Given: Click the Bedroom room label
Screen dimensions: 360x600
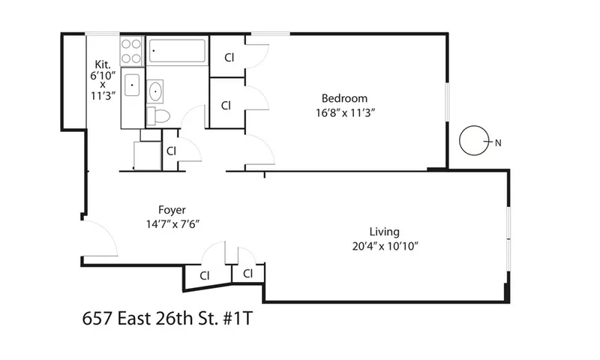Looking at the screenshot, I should pyautogui.click(x=344, y=98).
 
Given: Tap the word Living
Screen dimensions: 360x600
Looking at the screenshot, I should pyautogui.click(x=384, y=232).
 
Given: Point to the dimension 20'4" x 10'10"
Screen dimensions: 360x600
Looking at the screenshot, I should pyautogui.click(x=384, y=246).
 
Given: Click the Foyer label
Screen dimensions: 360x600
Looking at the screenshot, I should pyautogui.click(x=172, y=210).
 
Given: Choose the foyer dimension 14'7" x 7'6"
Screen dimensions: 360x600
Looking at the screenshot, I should pyautogui.click(x=172, y=223).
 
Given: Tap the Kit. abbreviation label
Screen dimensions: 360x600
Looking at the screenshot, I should pyautogui.click(x=103, y=64).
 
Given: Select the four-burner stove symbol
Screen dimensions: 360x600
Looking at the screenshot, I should pyautogui.click(x=132, y=50).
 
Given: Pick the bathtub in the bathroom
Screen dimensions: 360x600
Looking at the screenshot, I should pyautogui.click(x=177, y=51).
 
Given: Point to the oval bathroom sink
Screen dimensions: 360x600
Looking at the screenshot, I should pyautogui.click(x=157, y=91).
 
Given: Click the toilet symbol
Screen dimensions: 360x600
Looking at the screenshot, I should pyautogui.click(x=159, y=115).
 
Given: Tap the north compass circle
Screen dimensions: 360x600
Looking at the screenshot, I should pyautogui.click(x=472, y=140).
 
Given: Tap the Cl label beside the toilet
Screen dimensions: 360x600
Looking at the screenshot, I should pyautogui.click(x=171, y=150).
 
